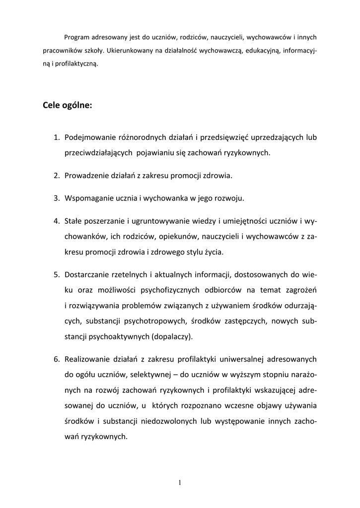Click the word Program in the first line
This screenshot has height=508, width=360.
click(x=77, y=37)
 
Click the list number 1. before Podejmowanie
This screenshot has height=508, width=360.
click(x=57, y=137)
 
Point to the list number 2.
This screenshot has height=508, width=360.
click(x=57, y=176)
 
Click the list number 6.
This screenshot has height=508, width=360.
click(x=57, y=359)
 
